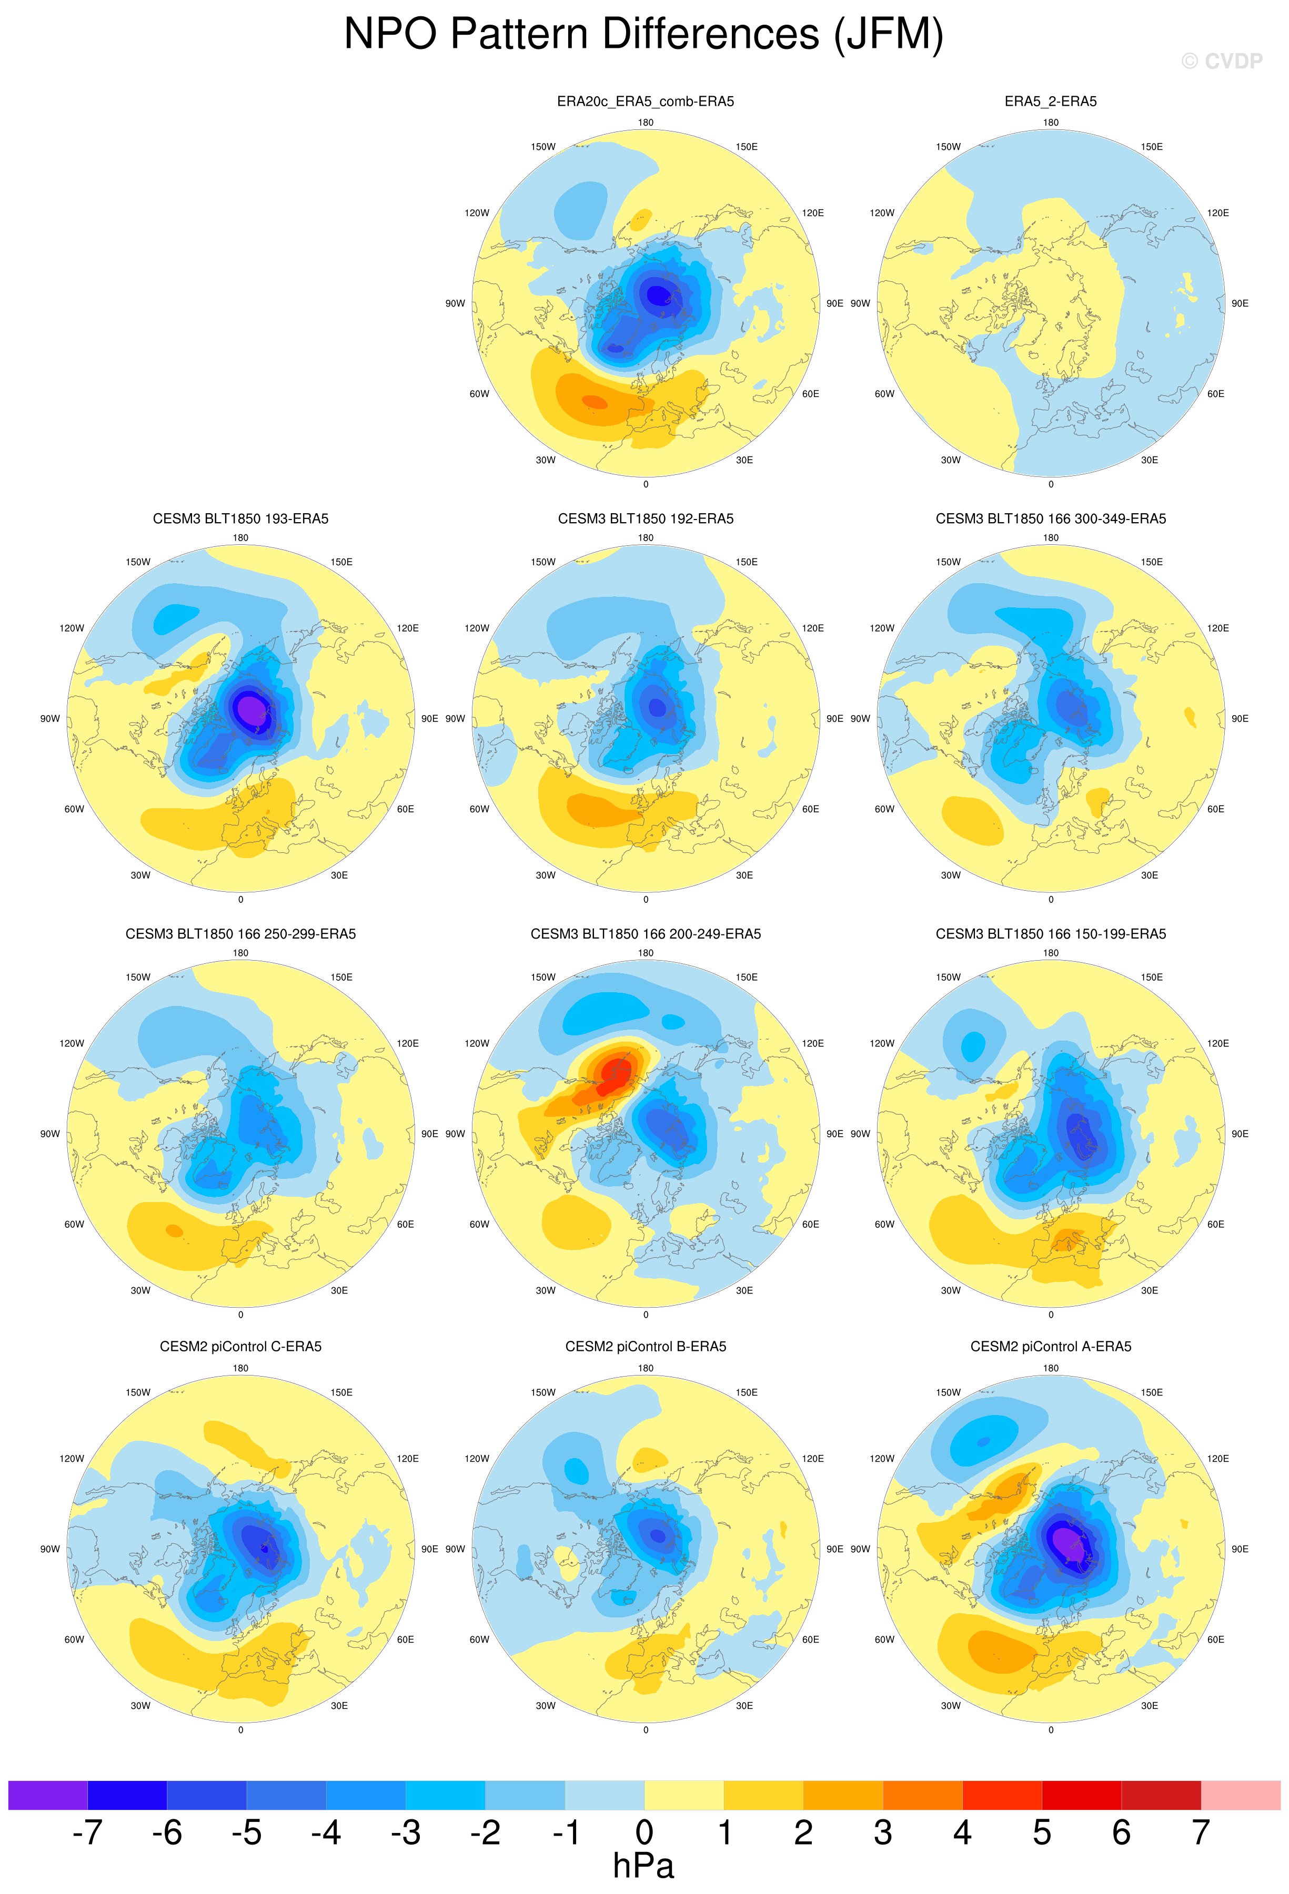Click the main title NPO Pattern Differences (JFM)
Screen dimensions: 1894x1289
(x=643, y=35)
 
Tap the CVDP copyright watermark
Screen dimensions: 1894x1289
(x=1221, y=61)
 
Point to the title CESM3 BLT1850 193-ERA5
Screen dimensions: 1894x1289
(x=240, y=518)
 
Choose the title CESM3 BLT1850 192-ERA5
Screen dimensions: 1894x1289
(x=645, y=518)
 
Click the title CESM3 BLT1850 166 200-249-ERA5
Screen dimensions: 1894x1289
(x=645, y=934)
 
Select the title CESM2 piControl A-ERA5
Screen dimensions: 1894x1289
(x=1050, y=1346)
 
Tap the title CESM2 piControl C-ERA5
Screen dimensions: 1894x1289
(x=240, y=1346)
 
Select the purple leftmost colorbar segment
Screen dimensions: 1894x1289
(x=47, y=1795)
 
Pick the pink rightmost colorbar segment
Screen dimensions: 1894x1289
(x=1240, y=1795)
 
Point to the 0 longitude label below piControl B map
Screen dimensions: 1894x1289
(x=645, y=1729)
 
